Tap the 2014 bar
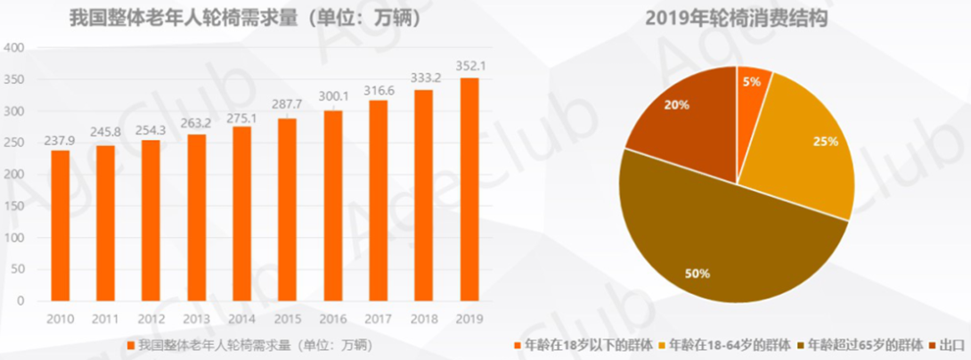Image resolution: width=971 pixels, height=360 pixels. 241,214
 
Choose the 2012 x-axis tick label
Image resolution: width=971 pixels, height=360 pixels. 151,318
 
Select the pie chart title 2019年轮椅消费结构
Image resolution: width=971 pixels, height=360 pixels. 736,17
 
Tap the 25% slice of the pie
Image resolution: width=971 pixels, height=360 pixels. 802,143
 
